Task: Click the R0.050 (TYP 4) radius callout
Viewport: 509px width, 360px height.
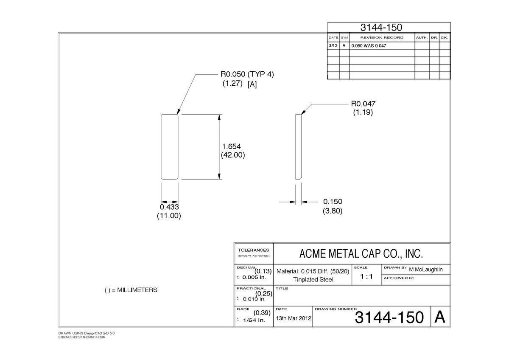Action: pyautogui.click(x=247, y=74)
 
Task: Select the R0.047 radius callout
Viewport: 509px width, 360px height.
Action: pyautogui.click(x=363, y=104)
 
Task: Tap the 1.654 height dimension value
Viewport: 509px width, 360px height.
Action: pyautogui.click(x=231, y=146)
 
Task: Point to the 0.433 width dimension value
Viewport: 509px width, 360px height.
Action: pyautogui.click(x=169, y=207)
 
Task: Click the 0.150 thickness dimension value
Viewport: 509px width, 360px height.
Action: pyautogui.click(x=333, y=202)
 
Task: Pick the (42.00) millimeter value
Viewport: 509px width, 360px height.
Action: pyautogui.click(x=233, y=155)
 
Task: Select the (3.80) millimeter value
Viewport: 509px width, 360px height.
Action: pyautogui.click(x=333, y=211)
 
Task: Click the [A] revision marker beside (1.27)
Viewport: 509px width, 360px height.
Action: pyautogui.click(x=252, y=84)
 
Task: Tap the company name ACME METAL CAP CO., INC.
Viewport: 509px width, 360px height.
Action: pyautogui.click(x=361, y=253)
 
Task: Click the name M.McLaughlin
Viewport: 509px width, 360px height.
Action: pyautogui.click(x=426, y=270)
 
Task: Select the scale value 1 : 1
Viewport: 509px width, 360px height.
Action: pyautogui.click(x=366, y=276)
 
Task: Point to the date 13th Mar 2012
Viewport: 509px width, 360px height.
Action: pyautogui.click(x=294, y=318)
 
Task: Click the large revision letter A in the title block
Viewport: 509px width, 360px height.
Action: pyautogui.click(x=440, y=317)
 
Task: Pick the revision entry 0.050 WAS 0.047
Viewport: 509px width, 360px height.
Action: pyautogui.click(x=369, y=46)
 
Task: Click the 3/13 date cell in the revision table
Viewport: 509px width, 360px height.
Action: pyautogui.click(x=333, y=45)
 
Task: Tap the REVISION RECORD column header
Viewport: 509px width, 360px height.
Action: pyautogui.click(x=382, y=37)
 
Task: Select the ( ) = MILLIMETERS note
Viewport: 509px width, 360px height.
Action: pyautogui.click(x=131, y=290)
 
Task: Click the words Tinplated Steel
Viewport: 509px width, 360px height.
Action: pyautogui.click(x=313, y=279)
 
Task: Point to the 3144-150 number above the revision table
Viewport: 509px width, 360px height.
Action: pyautogui.click(x=381, y=28)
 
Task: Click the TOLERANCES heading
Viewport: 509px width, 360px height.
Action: pyautogui.click(x=253, y=250)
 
